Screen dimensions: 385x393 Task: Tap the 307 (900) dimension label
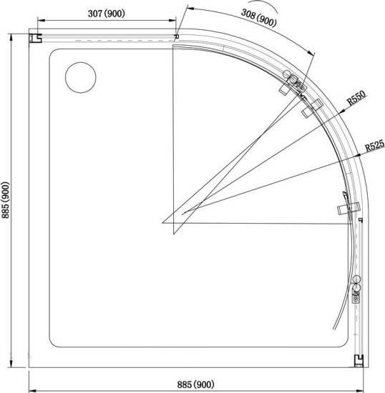[x=107, y=14]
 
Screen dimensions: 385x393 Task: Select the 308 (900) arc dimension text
[x=259, y=18]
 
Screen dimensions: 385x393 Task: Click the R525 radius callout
[x=375, y=145]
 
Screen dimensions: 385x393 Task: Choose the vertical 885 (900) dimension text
[x=6, y=200]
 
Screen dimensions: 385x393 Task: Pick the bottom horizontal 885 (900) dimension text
[x=196, y=384]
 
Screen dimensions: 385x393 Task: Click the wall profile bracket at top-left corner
[x=35, y=38]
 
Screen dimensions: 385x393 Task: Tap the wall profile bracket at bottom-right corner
[x=359, y=361]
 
